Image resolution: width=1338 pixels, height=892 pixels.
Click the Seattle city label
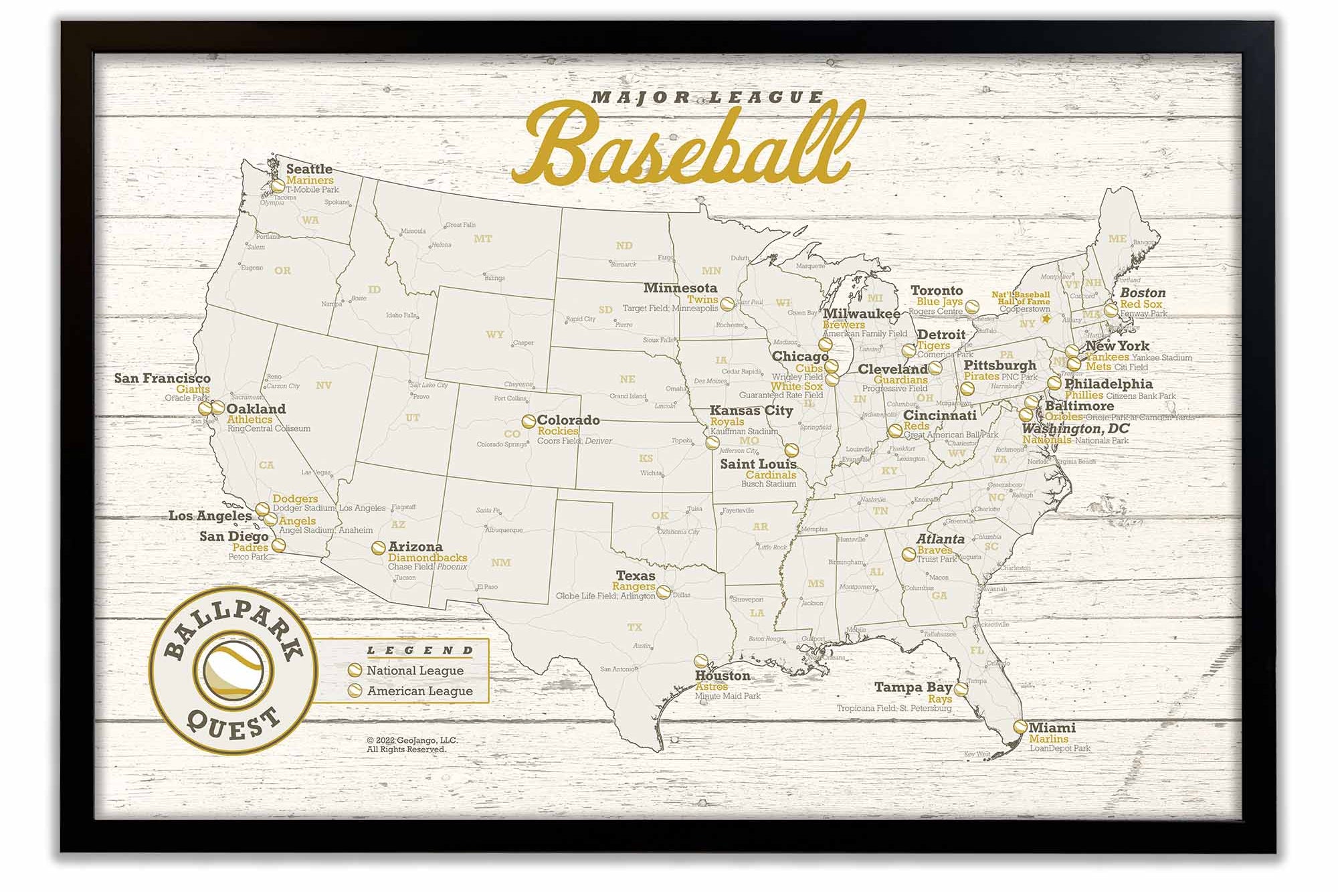309,169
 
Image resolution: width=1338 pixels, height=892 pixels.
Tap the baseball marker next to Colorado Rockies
529,422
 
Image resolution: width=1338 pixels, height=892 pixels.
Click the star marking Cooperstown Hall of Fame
1046,319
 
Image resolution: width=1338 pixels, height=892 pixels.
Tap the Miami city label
1052,727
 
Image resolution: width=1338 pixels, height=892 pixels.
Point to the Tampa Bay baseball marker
961,689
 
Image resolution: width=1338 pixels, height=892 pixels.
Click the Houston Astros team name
711,687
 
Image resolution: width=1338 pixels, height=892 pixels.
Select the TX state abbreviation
634,628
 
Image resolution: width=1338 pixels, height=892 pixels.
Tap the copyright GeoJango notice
411,745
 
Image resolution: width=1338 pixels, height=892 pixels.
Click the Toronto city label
937,290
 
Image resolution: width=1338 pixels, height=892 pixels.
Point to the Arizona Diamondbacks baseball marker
378,548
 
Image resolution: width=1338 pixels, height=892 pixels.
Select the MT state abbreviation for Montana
483,238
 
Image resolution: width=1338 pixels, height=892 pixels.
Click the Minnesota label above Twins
680,288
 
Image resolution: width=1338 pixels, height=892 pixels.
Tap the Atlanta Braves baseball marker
909,554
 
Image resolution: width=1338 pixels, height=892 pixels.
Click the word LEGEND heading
420,650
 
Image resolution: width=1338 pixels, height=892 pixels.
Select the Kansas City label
751,410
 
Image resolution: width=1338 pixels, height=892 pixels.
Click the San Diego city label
233,536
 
